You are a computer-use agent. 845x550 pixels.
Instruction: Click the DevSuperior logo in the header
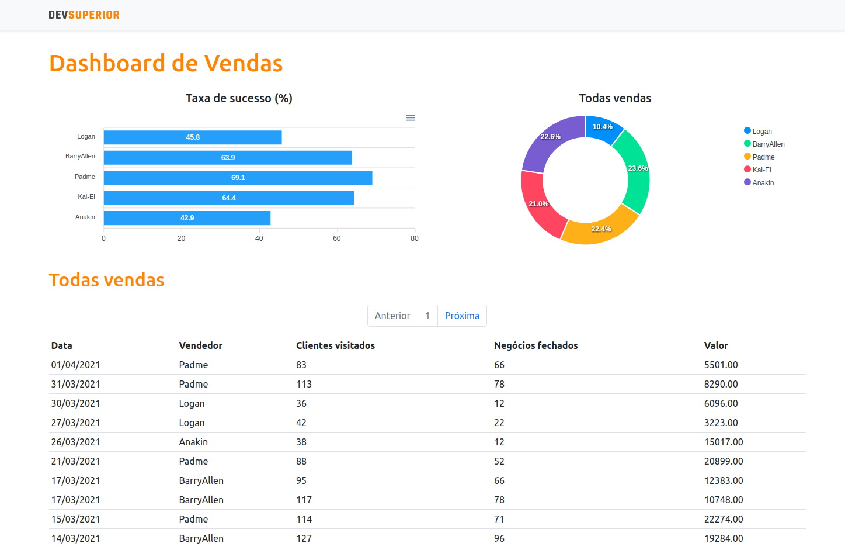84,15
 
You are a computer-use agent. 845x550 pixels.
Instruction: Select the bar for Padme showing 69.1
238,178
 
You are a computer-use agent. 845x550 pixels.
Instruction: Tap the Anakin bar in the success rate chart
187,218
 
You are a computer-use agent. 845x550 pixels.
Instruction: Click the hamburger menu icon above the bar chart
410,118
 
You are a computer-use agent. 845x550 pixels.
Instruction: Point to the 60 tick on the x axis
337,238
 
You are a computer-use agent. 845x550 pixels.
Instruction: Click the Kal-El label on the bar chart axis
86,197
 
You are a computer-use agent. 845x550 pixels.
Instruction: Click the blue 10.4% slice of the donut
603,129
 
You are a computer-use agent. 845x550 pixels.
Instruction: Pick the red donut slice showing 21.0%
540,205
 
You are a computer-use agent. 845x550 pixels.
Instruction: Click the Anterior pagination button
392,316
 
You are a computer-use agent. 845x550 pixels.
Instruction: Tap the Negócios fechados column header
535,345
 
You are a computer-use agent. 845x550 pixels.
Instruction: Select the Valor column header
716,345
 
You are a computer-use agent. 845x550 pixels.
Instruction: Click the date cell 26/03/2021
75,442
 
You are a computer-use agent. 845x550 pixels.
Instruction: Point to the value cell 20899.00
724,461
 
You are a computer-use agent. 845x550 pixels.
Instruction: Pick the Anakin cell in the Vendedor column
193,442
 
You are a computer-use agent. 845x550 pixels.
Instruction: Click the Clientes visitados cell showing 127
304,538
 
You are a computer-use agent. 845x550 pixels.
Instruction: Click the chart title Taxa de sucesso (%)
239,98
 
